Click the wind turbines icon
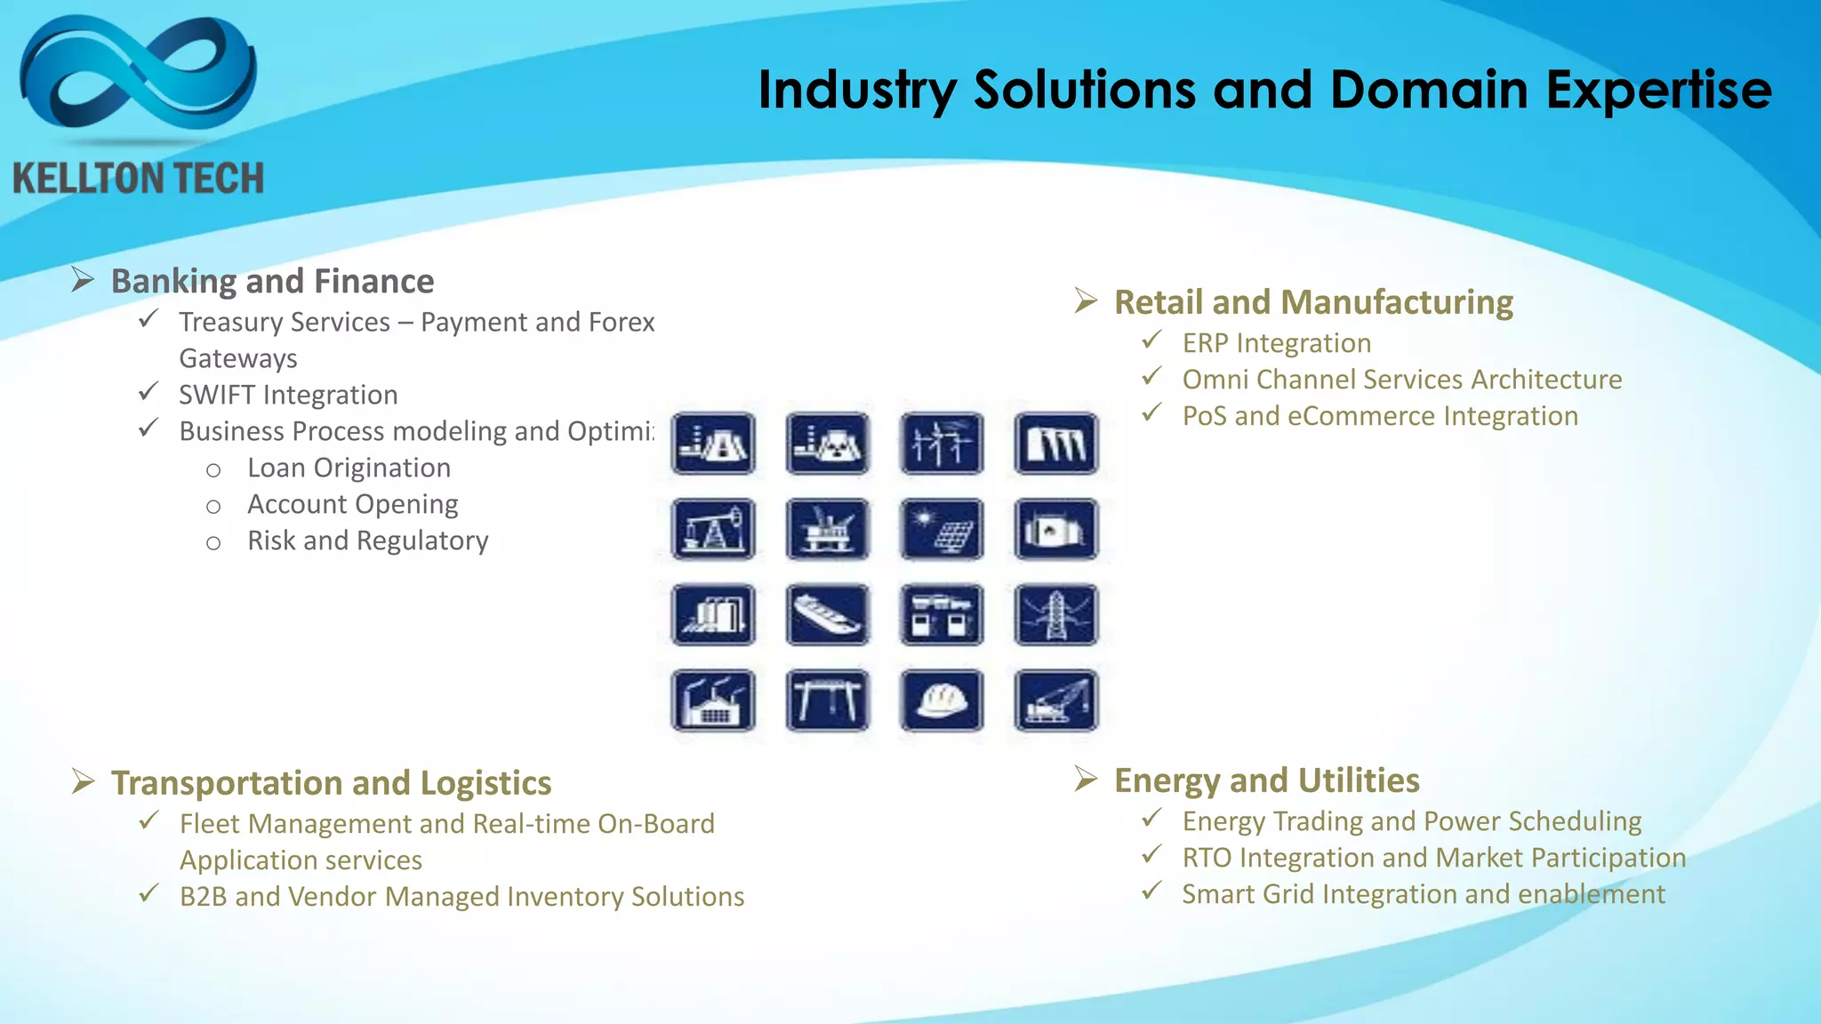click(x=942, y=443)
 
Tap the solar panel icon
click(x=942, y=529)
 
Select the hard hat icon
click(x=942, y=700)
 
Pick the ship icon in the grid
click(x=828, y=614)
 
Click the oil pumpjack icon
click(x=713, y=529)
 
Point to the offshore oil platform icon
click(x=828, y=529)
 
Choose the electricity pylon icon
click(x=1055, y=614)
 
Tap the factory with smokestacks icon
click(x=713, y=700)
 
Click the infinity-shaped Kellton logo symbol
click(x=138, y=76)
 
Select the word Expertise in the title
click(x=1658, y=90)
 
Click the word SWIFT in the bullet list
click(x=216, y=395)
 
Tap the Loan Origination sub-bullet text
click(x=349, y=468)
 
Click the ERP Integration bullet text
click(x=1276, y=343)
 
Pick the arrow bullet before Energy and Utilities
click(x=1085, y=780)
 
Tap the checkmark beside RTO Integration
click(x=1152, y=855)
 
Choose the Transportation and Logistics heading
click(x=331, y=783)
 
